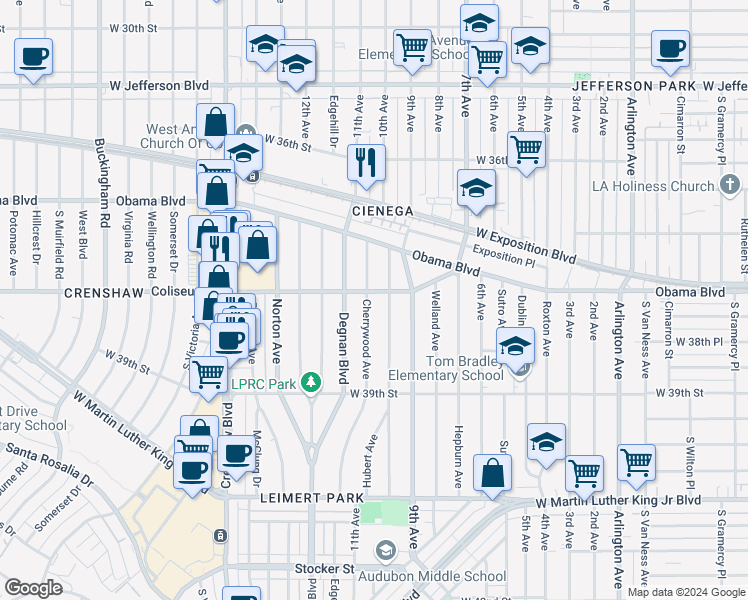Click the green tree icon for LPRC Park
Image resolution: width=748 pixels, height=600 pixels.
click(312, 383)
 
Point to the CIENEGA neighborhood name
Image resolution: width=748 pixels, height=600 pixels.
click(382, 211)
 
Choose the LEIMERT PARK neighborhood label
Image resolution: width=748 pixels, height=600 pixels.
click(302, 497)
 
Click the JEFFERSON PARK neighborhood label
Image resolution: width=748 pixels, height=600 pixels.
click(633, 87)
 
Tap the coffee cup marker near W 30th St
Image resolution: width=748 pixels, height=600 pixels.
click(33, 55)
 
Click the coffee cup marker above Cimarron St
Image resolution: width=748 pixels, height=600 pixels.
click(670, 47)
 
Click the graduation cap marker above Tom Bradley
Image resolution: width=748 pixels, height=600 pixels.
click(515, 346)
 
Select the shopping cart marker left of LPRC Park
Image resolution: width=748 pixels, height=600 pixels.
click(208, 373)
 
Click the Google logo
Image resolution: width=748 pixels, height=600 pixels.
click(33, 588)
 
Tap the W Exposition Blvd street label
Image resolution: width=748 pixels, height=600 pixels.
click(525, 245)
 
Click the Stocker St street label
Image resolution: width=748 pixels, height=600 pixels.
click(325, 569)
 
